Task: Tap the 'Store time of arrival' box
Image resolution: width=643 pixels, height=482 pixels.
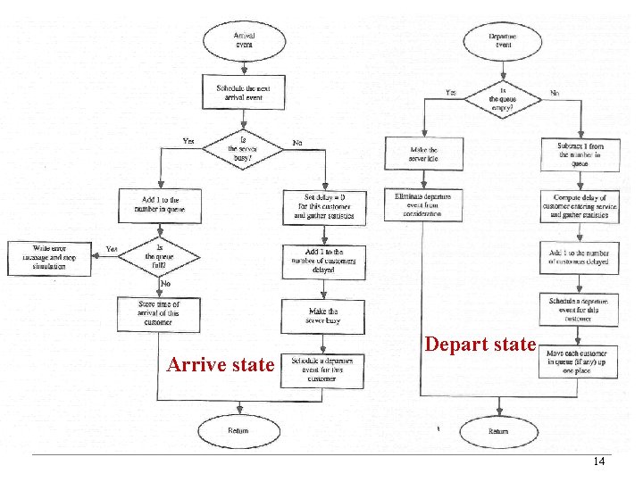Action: tap(160, 313)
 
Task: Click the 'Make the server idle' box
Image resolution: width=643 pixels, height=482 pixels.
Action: tap(423, 154)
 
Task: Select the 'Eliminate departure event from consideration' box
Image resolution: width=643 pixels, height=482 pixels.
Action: tap(423, 205)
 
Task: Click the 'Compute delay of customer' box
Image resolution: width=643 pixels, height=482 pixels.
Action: tap(580, 205)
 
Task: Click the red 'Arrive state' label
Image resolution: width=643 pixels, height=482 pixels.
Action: tap(221, 364)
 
